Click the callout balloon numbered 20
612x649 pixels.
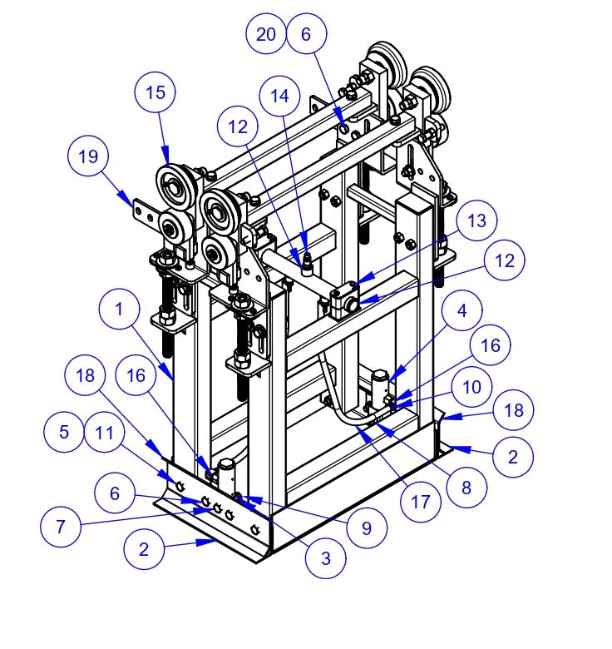(266, 34)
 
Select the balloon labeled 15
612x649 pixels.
(155, 93)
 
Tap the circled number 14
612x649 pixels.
(279, 97)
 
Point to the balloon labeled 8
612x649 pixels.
(465, 488)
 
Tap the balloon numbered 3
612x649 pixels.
(326, 558)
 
